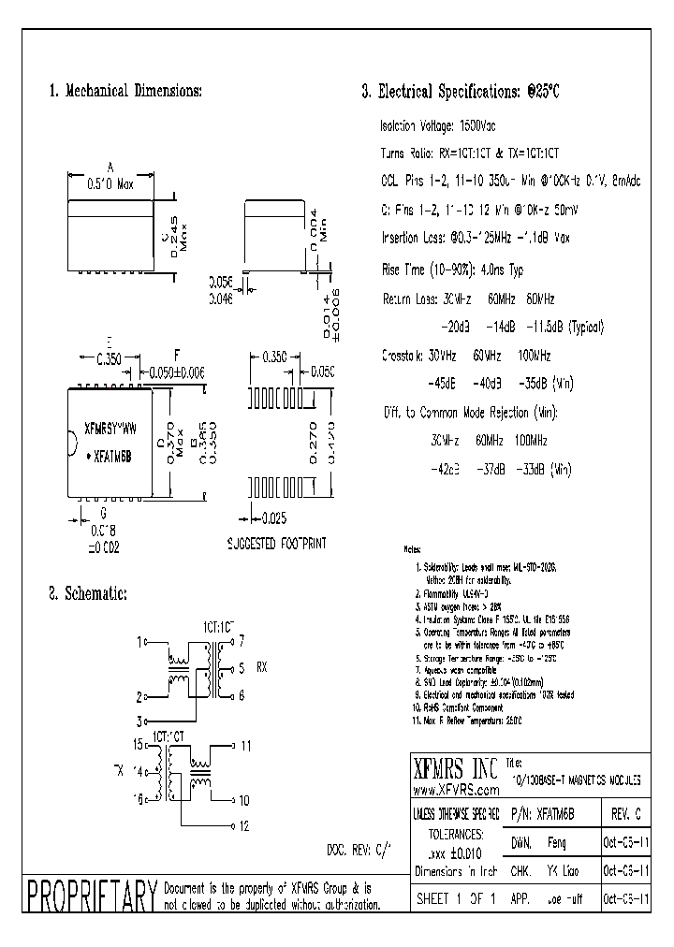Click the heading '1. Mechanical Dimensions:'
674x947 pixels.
(x=125, y=92)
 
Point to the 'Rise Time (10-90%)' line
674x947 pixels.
(x=452, y=270)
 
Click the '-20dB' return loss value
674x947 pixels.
(x=455, y=327)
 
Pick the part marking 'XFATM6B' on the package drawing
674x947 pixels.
(x=113, y=450)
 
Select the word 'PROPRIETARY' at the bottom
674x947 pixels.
(x=90, y=896)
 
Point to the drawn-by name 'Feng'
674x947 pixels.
(x=558, y=842)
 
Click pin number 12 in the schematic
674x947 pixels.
(x=244, y=825)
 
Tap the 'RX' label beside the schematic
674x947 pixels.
(x=262, y=668)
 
